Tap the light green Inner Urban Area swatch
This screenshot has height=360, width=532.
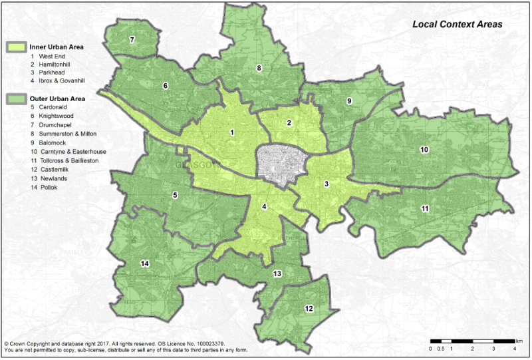(x=16, y=47)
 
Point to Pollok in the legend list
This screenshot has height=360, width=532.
(x=48, y=188)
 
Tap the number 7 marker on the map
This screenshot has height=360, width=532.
(x=132, y=40)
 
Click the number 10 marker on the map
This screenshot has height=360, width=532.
(x=424, y=150)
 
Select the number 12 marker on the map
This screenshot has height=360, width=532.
(x=309, y=309)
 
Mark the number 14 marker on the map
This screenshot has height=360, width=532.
(x=144, y=264)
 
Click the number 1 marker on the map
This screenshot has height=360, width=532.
(x=231, y=132)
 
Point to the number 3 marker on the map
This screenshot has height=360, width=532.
(x=326, y=184)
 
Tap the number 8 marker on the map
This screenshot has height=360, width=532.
(x=259, y=68)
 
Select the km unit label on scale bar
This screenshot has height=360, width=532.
(x=519, y=340)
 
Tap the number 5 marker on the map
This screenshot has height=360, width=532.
(x=175, y=195)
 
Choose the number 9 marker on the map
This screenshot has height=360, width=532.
(x=348, y=100)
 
